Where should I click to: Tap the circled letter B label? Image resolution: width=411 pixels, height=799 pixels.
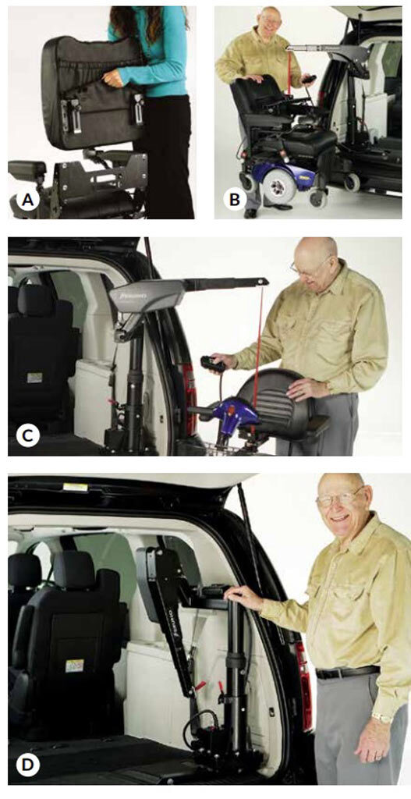coord(232,201)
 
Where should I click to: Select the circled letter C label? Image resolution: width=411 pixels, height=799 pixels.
coord(27,434)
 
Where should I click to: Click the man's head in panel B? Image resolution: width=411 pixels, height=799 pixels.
coord(269,23)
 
